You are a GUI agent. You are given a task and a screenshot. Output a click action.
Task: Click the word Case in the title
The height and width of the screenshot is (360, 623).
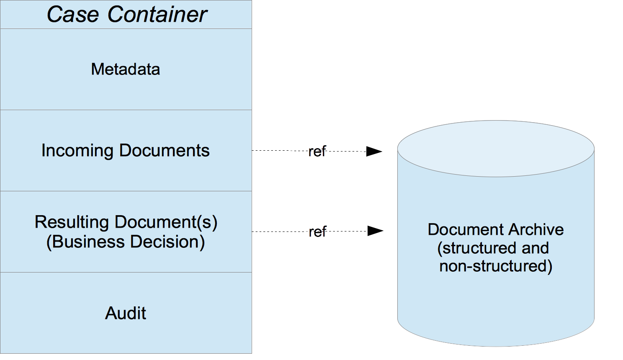(x=73, y=14)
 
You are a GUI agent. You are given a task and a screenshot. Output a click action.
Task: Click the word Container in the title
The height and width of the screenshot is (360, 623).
(x=157, y=14)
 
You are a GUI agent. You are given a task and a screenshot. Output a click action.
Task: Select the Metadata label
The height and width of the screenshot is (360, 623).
(x=126, y=69)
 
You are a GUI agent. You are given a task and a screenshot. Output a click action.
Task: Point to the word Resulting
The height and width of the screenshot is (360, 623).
(x=72, y=222)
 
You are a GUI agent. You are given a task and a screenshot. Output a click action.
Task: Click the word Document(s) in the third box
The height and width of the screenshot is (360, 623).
(x=166, y=222)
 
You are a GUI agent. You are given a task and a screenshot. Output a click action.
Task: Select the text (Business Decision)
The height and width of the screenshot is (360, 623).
(x=126, y=242)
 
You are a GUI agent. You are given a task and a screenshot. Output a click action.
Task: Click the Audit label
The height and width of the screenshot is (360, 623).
(x=126, y=313)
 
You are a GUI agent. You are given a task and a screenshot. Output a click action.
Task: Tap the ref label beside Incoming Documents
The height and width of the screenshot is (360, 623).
(x=317, y=152)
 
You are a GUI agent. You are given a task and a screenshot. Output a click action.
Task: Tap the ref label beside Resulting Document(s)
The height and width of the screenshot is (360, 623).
(x=317, y=231)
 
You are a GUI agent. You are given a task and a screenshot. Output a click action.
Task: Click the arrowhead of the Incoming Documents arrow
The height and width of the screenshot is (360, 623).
(x=374, y=152)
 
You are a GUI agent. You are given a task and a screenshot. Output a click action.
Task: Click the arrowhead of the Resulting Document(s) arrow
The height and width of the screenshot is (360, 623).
(x=375, y=231)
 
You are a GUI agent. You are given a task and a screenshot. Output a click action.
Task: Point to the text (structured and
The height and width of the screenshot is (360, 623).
(x=493, y=248)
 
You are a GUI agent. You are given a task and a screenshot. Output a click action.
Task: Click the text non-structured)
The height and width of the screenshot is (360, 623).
(x=496, y=266)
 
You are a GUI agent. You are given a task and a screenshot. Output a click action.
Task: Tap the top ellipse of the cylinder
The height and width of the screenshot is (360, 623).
(x=496, y=148)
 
